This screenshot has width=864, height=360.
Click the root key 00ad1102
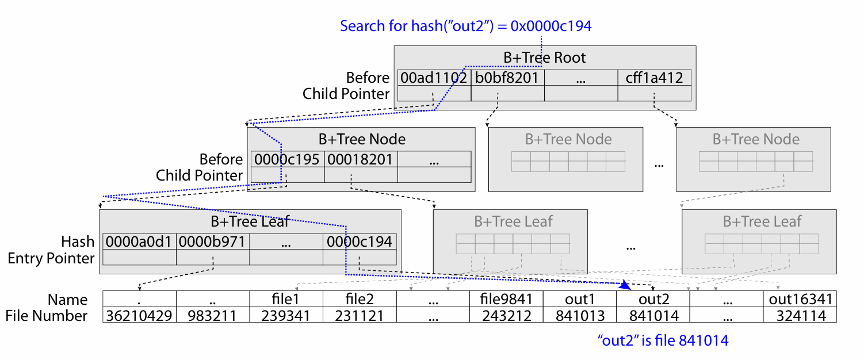[x=434, y=78]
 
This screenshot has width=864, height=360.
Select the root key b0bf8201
[x=507, y=78]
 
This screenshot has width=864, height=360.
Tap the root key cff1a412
[x=654, y=78]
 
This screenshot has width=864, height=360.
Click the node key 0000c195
[x=286, y=159]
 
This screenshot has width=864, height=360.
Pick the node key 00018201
[x=360, y=159]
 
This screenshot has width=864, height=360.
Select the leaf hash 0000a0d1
[x=139, y=242]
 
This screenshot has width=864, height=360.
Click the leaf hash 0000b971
[x=212, y=242]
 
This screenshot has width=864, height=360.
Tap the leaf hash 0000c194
[x=359, y=242]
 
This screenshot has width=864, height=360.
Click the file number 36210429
[x=139, y=316]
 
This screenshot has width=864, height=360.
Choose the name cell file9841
[x=506, y=299]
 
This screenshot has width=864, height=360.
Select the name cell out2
[x=654, y=299]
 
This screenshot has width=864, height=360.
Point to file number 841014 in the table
[x=654, y=316]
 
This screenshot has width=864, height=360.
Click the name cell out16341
[x=801, y=299]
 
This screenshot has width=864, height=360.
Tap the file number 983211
[x=212, y=316]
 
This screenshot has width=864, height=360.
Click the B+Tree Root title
[x=544, y=58]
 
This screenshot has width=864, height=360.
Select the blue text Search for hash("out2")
[x=417, y=26]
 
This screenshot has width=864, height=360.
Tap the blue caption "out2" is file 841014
[x=663, y=340]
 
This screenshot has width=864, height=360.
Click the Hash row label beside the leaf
[x=78, y=242]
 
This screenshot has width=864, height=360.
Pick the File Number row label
[x=46, y=316]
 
